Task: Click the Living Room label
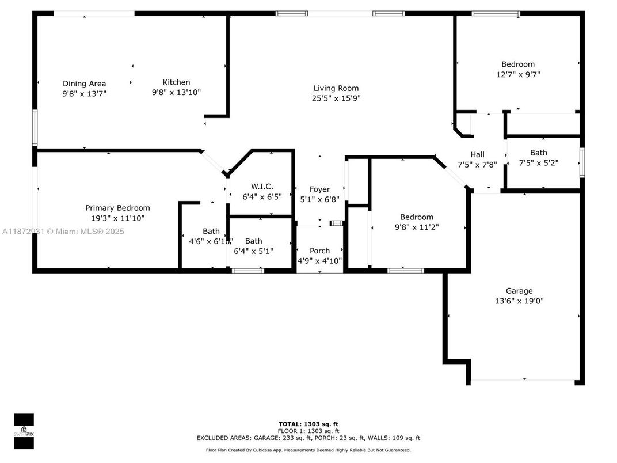336,88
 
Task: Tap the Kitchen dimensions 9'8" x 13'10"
176,92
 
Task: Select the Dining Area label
84,84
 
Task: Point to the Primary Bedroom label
117,208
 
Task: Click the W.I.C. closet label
262,186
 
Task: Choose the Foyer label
319,189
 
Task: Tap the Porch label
319,251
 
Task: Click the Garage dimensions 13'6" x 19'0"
519,301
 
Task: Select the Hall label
477,154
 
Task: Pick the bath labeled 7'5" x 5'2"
539,153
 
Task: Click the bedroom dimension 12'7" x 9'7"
518,74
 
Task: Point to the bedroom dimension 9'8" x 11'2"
417,227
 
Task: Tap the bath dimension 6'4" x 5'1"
253,251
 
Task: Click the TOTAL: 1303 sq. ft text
308,424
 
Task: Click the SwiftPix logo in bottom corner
24,431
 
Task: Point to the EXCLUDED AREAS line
308,438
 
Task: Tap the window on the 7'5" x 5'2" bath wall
582,162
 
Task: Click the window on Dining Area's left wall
35,128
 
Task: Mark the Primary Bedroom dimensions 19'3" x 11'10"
117,218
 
